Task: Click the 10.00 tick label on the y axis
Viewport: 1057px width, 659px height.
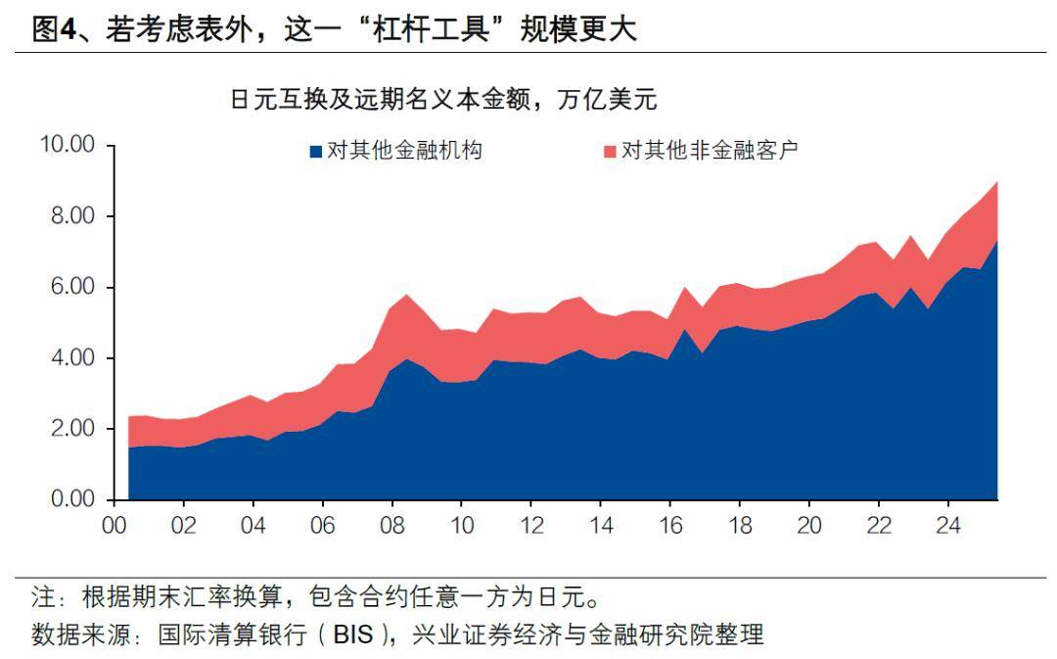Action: click(67, 145)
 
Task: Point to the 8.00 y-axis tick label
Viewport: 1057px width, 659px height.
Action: click(73, 216)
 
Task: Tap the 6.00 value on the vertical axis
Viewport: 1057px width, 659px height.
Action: click(73, 288)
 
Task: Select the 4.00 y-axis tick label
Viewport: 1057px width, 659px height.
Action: click(73, 358)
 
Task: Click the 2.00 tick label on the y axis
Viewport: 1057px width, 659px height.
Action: click(73, 430)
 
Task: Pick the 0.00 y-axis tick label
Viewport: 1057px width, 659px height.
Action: click(73, 500)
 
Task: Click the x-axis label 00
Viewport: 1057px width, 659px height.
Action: click(115, 526)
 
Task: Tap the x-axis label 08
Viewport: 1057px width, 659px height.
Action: click(392, 526)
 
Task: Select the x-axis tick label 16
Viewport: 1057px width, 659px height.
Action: click(670, 526)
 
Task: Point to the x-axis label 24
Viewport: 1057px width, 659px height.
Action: click(948, 526)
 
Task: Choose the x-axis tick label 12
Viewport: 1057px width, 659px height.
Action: click(531, 526)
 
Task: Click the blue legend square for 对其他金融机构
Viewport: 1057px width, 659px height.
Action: click(315, 152)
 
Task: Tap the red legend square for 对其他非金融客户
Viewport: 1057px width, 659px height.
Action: click(610, 152)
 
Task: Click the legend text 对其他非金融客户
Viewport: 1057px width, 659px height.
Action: click(711, 151)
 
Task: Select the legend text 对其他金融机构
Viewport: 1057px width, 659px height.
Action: click(404, 151)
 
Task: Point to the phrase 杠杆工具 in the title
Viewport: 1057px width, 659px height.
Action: click(441, 29)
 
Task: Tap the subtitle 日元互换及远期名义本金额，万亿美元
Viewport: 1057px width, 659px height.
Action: click(442, 99)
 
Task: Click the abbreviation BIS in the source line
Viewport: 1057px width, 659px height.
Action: click(353, 635)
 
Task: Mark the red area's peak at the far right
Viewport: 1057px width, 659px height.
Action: click(996, 183)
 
